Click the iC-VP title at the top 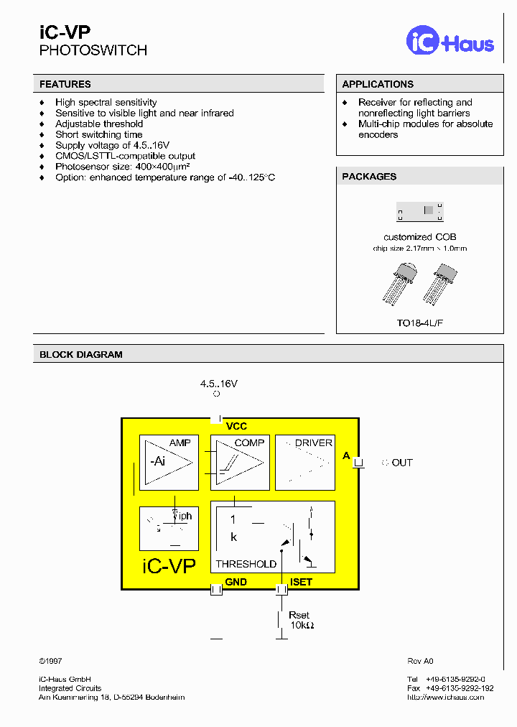pyautogui.click(x=65, y=31)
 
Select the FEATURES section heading pyautogui.click(x=65, y=84)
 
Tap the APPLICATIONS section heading pyautogui.click(x=378, y=84)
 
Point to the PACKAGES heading pyautogui.click(x=369, y=176)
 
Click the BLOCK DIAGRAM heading pyautogui.click(x=81, y=354)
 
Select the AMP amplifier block pyautogui.click(x=169, y=462)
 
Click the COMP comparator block pyautogui.click(x=239, y=462)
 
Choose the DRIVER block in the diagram pyautogui.click(x=304, y=462)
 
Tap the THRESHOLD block pyautogui.click(x=272, y=537)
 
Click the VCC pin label pyautogui.click(x=236, y=427)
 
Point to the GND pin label pyautogui.click(x=236, y=582)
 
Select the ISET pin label pyautogui.click(x=301, y=582)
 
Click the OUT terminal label pyautogui.click(x=402, y=463)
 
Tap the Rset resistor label pyautogui.click(x=299, y=615)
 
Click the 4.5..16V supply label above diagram pyautogui.click(x=218, y=384)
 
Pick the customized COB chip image pyautogui.click(x=420, y=210)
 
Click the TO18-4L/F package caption pyautogui.click(x=419, y=323)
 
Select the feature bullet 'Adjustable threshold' pyautogui.click(x=99, y=124)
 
